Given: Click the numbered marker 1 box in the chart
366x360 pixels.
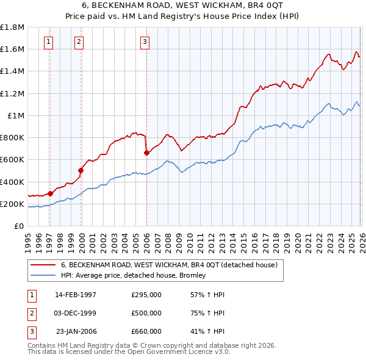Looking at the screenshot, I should click(x=48, y=42).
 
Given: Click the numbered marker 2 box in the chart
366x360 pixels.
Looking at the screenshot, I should click(x=79, y=42).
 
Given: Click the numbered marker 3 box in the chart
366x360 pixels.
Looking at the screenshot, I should click(x=145, y=42).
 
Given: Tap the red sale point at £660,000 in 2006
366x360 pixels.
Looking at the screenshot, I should click(x=146, y=153).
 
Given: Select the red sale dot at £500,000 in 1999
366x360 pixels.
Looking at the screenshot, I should click(x=81, y=171).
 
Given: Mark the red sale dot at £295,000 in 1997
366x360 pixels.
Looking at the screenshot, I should click(x=50, y=193).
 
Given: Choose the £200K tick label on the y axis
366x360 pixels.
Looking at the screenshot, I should click(x=13, y=204).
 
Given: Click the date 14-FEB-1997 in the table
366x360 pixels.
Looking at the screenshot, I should click(x=76, y=295).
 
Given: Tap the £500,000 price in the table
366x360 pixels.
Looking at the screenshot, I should click(x=146, y=313).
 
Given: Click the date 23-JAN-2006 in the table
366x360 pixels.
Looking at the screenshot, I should click(x=76, y=331).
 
